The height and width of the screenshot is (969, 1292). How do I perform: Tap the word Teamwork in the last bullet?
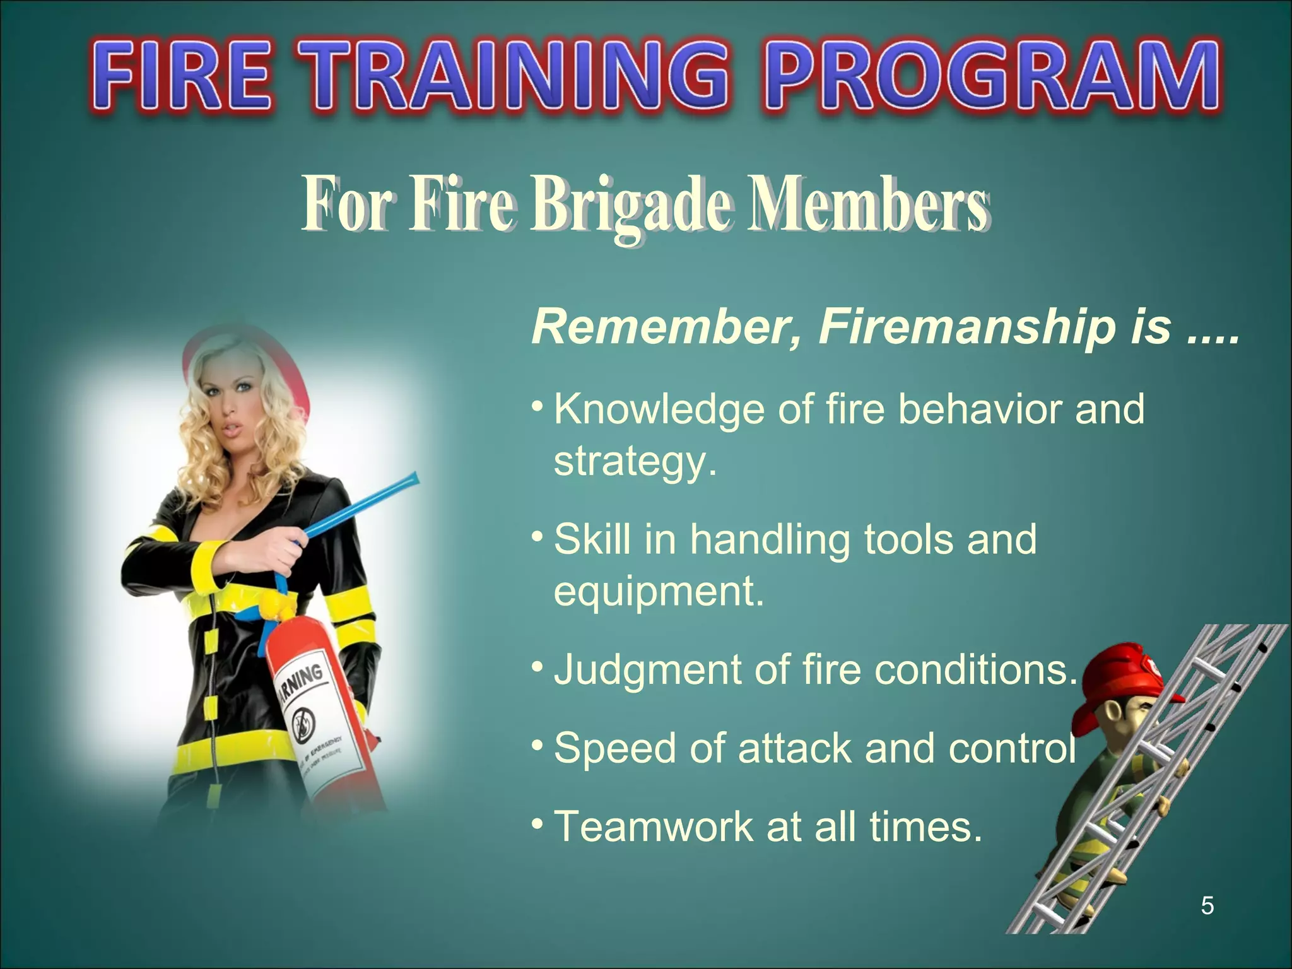(x=653, y=826)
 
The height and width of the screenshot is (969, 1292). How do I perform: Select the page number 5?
(x=1207, y=906)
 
